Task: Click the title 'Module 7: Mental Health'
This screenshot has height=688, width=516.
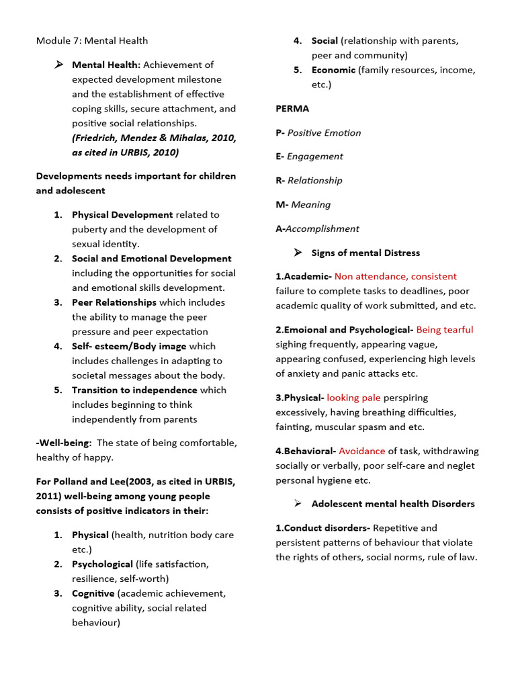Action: [x=92, y=41]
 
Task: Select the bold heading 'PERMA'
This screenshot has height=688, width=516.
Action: [x=292, y=108]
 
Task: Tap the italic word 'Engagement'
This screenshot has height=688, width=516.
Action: [x=314, y=157]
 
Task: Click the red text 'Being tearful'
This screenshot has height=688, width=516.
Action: [x=444, y=329]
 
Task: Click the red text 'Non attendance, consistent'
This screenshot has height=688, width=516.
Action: [x=395, y=276]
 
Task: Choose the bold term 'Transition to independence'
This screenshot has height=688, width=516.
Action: [x=134, y=390]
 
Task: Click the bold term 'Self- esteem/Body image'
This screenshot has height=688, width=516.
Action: [x=129, y=346]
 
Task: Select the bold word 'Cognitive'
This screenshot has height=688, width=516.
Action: [x=93, y=593]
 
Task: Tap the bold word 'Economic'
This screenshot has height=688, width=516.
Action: [x=333, y=70]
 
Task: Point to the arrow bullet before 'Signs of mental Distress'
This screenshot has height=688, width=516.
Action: [x=298, y=253]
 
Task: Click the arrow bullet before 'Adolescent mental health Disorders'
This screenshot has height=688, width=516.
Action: [x=298, y=503]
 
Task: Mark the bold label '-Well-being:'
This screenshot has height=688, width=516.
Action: [x=64, y=443]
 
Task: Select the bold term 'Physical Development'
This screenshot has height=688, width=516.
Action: [x=122, y=215]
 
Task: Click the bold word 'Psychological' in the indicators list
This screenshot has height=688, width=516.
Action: [x=102, y=564]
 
